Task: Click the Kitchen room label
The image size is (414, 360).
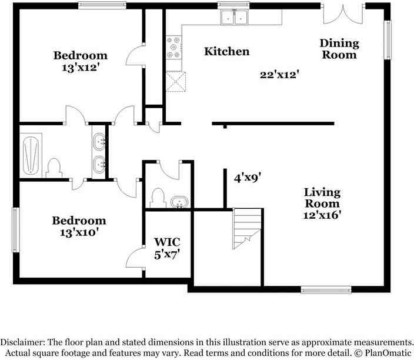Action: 226,52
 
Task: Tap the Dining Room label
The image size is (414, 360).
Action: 339,49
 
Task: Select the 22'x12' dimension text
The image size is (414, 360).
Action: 281,75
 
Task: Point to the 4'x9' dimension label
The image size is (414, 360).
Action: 247,177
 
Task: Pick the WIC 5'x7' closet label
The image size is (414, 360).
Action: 167,248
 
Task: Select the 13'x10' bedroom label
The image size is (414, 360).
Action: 79,226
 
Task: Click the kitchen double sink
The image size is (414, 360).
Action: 233,18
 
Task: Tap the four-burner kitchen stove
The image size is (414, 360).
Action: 174,47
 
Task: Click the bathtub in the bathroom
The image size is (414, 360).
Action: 32,154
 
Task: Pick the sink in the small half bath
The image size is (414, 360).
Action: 179,202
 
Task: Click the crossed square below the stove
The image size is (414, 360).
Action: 175,82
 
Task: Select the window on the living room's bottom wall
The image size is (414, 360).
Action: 326,289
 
